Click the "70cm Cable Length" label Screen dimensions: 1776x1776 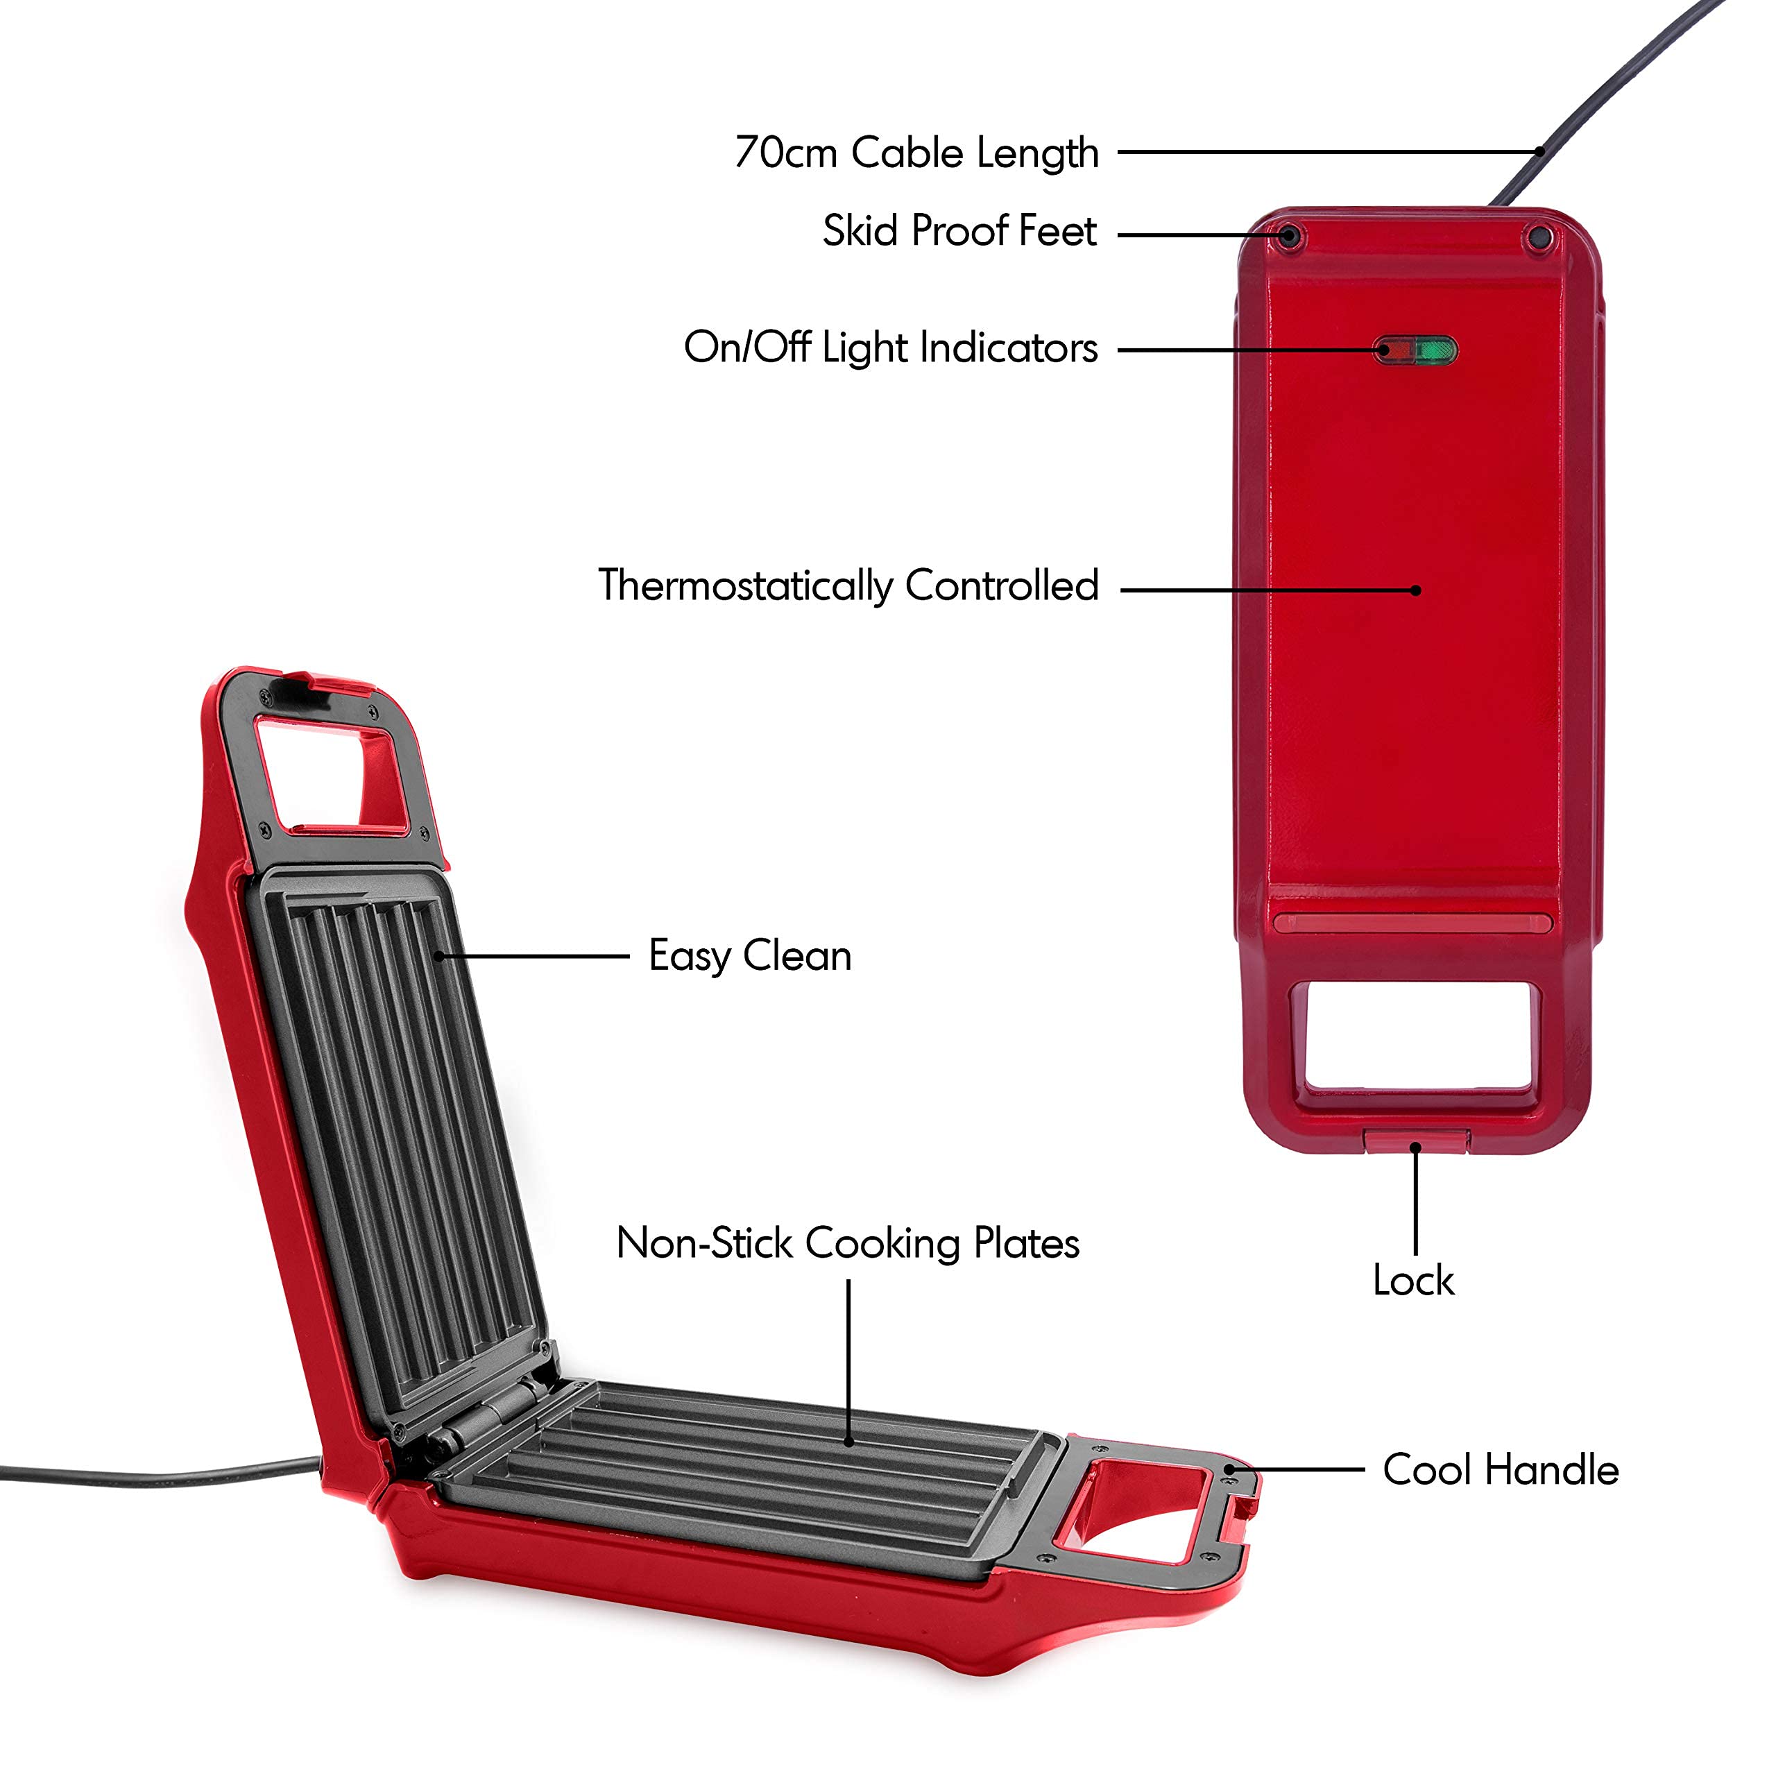(916, 153)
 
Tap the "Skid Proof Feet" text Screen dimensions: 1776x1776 (959, 231)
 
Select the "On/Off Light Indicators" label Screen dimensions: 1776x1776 (890, 348)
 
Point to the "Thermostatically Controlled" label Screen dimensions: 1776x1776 (848, 586)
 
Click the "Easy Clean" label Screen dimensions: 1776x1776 (750, 956)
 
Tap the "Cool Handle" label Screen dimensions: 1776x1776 (1500, 1470)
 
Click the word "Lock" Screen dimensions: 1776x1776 (1413, 1281)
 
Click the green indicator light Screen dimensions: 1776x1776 (1436, 350)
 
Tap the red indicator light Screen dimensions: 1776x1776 (1395, 350)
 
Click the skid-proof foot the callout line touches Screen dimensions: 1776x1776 (1290, 234)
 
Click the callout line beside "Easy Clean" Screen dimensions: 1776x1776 (533, 956)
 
